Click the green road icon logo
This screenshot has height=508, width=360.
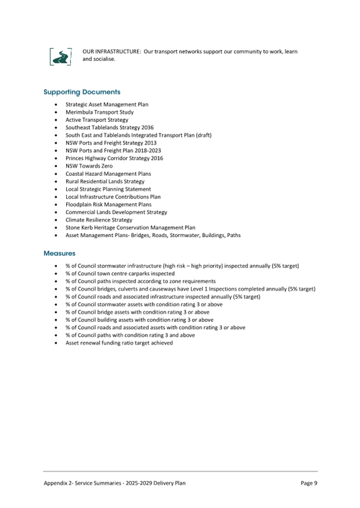61,56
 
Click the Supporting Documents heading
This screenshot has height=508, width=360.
82,92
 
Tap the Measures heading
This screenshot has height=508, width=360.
59,253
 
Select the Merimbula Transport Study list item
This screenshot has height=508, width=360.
99,112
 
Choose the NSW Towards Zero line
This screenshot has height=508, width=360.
89,166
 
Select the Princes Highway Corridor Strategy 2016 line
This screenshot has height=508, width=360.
114,158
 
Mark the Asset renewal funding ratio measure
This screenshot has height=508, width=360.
119,343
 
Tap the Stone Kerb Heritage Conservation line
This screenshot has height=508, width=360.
130,228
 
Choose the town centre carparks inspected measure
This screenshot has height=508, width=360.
120,273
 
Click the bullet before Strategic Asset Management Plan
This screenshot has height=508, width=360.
56,105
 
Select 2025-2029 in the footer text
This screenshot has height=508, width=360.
138,483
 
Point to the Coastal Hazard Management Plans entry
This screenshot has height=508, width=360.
108,174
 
